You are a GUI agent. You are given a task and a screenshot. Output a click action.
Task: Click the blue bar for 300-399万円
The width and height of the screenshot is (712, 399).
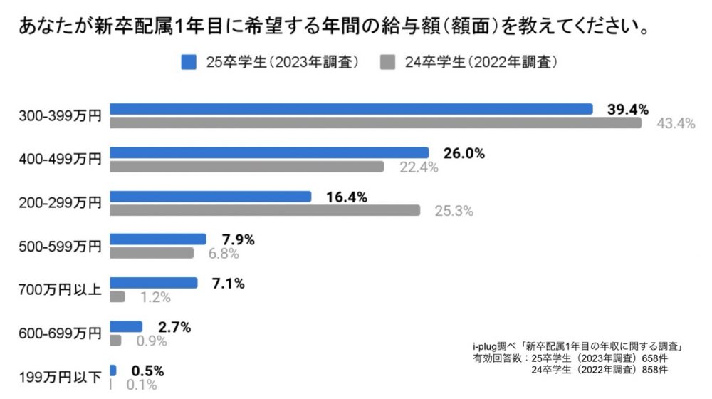(351, 109)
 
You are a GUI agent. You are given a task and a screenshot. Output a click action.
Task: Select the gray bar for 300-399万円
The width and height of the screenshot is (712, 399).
(375, 123)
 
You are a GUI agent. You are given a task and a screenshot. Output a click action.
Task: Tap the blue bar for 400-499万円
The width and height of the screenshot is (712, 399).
(269, 152)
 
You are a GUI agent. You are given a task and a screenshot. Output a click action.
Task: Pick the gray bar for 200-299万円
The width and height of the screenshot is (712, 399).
(265, 210)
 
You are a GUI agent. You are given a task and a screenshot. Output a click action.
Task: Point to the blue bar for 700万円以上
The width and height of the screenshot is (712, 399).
(154, 283)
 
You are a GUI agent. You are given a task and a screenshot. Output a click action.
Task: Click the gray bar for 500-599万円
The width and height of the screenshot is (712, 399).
(152, 253)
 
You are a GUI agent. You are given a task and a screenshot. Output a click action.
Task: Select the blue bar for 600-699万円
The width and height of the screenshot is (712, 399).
(126, 326)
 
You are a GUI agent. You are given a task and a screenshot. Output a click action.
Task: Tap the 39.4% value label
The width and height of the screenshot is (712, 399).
(627, 109)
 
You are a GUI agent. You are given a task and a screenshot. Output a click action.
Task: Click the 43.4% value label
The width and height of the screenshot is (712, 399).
(675, 123)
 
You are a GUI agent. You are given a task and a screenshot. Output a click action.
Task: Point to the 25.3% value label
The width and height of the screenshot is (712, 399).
(454, 211)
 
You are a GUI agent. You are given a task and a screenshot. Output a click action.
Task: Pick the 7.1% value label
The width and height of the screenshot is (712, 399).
(228, 284)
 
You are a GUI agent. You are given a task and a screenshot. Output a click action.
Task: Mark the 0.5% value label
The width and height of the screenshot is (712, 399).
(147, 370)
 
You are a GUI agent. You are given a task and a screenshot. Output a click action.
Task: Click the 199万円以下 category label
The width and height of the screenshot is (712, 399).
(59, 377)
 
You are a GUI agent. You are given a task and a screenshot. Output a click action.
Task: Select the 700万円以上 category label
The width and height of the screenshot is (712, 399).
(59, 290)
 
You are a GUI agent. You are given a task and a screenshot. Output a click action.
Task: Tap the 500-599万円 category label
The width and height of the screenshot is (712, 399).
(59, 247)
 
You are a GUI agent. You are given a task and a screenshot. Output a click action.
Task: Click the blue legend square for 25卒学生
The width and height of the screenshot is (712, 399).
(189, 62)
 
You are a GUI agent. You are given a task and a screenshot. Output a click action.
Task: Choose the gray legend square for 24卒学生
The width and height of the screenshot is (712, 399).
(387, 62)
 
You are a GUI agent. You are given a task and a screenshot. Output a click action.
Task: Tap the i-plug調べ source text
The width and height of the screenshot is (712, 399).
(493, 346)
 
